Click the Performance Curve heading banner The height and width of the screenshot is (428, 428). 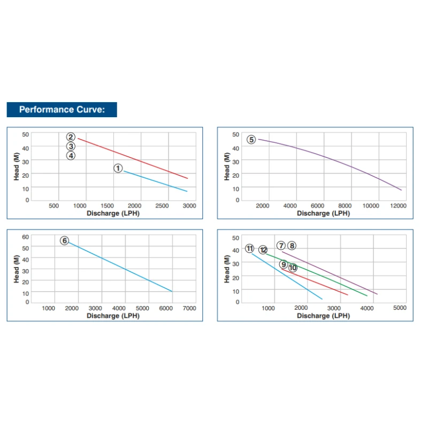[62, 110]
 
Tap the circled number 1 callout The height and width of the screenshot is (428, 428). [118, 169]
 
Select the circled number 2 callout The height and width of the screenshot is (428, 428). [71, 137]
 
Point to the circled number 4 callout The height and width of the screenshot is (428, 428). [71, 156]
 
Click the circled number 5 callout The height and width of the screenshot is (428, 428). [251, 140]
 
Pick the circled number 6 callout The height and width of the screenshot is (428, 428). [65, 241]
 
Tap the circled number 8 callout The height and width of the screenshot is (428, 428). [292, 246]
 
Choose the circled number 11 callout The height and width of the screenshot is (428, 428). [250, 248]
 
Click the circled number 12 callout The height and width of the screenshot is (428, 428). [263, 250]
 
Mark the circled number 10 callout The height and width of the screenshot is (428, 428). [293, 267]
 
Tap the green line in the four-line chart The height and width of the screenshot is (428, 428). [321, 276]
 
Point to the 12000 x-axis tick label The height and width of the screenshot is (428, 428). [399, 206]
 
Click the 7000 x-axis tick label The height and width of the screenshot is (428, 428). [189, 308]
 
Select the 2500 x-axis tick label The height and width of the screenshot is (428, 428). [162, 206]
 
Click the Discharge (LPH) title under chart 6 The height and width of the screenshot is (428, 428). [113, 316]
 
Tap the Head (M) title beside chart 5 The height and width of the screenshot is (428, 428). [227, 167]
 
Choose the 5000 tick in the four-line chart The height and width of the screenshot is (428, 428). [400, 308]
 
